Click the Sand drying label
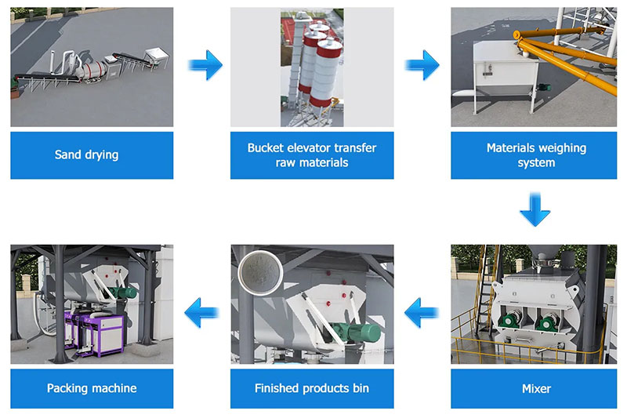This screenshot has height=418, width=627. pos(86,154)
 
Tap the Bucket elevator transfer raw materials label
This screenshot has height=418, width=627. pos(312,155)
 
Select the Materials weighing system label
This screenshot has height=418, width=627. pos(536,155)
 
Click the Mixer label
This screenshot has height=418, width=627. pos(536,388)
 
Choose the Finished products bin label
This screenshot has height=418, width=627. pos(312,388)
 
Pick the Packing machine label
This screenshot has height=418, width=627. pos(92,388)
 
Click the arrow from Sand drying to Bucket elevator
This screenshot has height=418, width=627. pos(205,65)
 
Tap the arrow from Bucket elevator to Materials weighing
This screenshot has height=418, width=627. pos(422,65)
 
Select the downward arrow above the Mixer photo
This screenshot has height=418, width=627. pos(535,209)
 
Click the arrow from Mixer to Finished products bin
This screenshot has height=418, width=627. pos(422,312)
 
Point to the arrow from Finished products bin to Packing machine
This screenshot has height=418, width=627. pos(202,312)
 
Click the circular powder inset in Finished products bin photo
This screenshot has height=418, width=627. pos(260,273)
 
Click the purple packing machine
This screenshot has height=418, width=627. pos(94,333)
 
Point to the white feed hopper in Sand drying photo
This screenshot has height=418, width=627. pos(156,56)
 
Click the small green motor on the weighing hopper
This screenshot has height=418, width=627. pos(543,87)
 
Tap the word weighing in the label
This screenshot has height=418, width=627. pos(562,148)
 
